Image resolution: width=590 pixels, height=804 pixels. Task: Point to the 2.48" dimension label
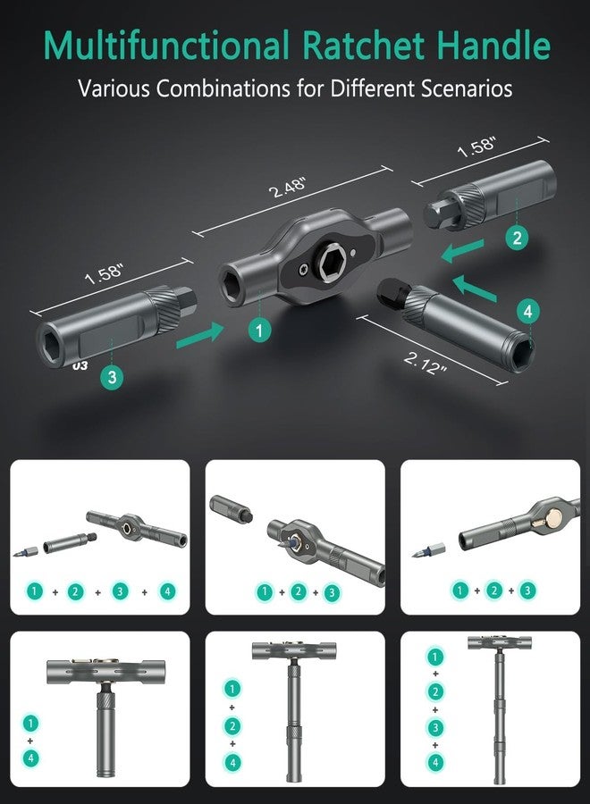pyautogui.click(x=289, y=188)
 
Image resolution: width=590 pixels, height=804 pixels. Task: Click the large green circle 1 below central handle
pyautogui.click(x=260, y=330)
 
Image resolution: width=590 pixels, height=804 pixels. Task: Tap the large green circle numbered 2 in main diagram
pyautogui.click(x=516, y=238)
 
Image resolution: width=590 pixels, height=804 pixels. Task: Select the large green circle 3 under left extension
pyautogui.click(x=112, y=377)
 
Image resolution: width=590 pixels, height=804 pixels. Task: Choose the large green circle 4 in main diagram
pyautogui.click(x=528, y=311)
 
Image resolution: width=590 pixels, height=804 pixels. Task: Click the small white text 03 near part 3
pyautogui.click(x=80, y=365)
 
